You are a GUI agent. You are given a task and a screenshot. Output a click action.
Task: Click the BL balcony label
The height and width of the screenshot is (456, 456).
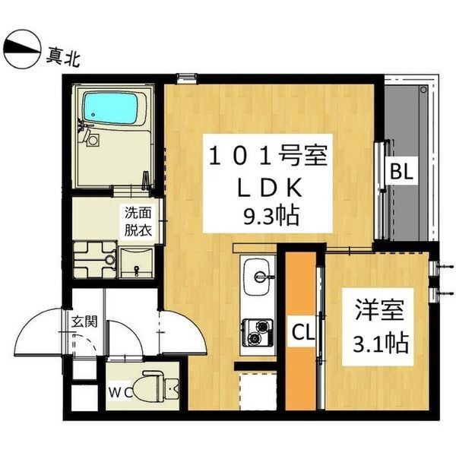tap(401, 172)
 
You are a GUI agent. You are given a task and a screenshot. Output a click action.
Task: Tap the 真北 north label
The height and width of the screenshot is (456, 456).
tap(63, 54)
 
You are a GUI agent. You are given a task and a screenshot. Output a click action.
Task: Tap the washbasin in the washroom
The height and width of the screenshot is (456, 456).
tap(137, 262)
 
